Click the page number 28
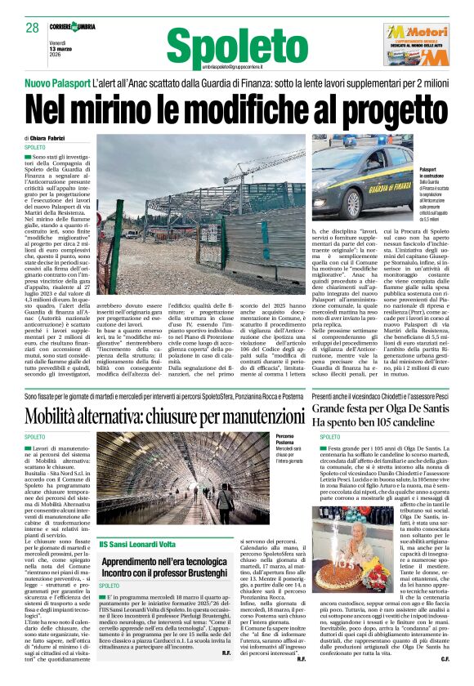coord(33,27)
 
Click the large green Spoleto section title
coord(224,42)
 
